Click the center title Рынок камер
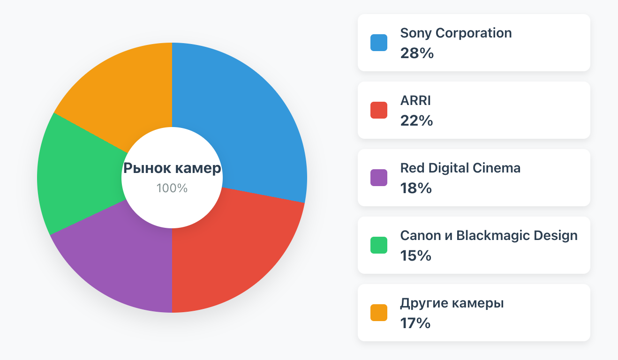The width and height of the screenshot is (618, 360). [x=172, y=168]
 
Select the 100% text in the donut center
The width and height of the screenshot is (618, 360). [x=172, y=188]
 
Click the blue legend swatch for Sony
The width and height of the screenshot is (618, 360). [x=379, y=43]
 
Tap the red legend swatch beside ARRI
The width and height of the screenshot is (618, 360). [x=379, y=110]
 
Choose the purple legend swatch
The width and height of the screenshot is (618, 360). [x=379, y=178]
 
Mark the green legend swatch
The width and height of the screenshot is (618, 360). [x=379, y=245]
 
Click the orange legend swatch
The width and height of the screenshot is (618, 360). [x=379, y=313]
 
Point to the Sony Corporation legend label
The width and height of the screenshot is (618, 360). [x=456, y=33]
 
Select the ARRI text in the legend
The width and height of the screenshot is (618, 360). [x=415, y=101]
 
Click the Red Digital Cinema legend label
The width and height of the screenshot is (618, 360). [x=460, y=168]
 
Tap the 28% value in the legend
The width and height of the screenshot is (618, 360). [x=417, y=53]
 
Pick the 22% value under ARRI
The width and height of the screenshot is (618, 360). [x=416, y=121]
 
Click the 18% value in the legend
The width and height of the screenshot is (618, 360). [x=416, y=188]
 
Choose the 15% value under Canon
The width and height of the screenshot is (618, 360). [x=415, y=256]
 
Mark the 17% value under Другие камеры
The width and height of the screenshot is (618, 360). [x=415, y=323]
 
